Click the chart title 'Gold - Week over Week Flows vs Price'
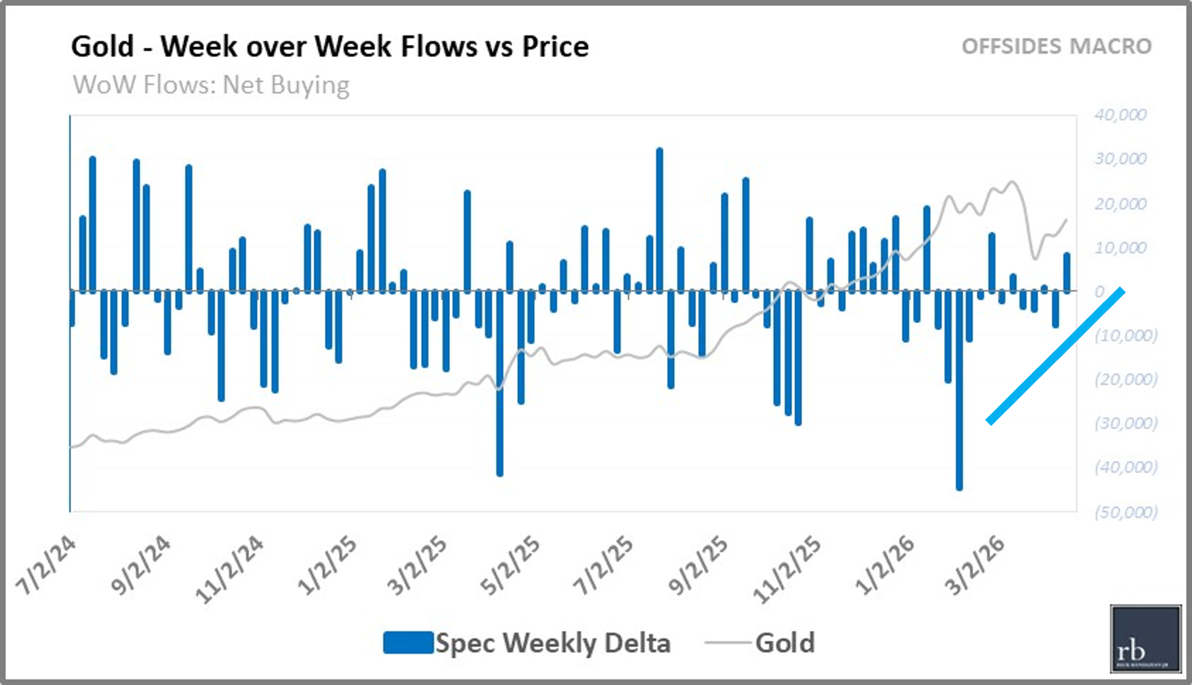coord(330,46)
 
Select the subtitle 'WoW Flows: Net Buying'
coord(211,85)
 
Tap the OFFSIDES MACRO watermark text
coord(1057,46)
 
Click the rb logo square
coord(1145,639)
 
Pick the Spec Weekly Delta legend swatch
coord(408,643)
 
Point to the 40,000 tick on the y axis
coord(1120,115)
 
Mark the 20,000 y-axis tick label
coord(1120,204)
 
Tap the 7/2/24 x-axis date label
coord(46,565)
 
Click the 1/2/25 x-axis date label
coord(327,565)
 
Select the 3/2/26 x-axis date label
coord(974,565)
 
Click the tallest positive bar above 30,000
coord(659,220)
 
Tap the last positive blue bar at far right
coord(1066,272)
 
